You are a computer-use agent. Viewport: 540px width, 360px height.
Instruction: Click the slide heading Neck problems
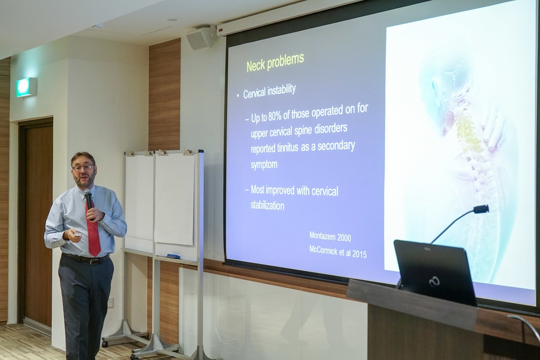coord(275,62)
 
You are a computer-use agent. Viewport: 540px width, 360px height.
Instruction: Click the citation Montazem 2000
coord(330,236)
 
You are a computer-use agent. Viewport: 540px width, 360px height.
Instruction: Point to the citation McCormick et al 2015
coord(338,252)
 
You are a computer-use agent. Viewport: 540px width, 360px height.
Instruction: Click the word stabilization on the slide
coord(267,206)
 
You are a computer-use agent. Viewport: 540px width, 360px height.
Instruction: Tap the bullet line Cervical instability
coord(270,91)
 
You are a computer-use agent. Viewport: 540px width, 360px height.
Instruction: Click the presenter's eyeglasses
coord(83,168)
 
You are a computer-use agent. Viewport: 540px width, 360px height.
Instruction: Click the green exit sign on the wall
coord(27,87)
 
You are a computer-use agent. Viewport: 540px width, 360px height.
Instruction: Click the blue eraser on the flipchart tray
coord(171,256)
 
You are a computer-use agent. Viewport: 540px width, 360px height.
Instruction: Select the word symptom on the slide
coord(264,164)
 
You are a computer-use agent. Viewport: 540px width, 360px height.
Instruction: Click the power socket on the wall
coord(110,303)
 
